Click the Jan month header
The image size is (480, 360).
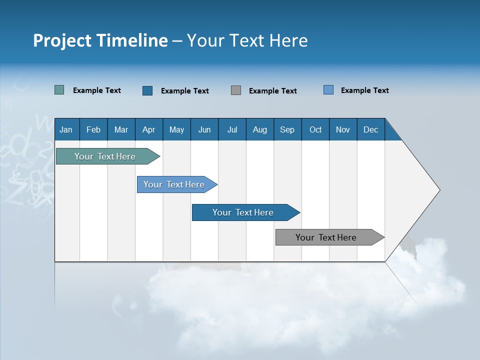[x=66, y=129]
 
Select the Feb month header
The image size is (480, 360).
[x=93, y=129]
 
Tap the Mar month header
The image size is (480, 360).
[x=121, y=129]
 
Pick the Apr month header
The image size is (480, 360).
[x=149, y=129]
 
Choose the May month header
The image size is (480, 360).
[x=176, y=129]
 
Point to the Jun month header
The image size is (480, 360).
[x=204, y=129]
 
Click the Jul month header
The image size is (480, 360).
[x=232, y=129]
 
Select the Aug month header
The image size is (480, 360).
[x=260, y=129]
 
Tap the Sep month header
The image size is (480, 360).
[x=287, y=129]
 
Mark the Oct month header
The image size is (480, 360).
[x=315, y=129]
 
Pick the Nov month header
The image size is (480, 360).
[x=343, y=129]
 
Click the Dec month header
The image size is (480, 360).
[x=371, y=129]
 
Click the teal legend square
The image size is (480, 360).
[x=59, y=90]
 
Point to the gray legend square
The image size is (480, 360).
[x=236, y=90]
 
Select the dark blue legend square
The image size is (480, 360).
[x=147, y=90]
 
